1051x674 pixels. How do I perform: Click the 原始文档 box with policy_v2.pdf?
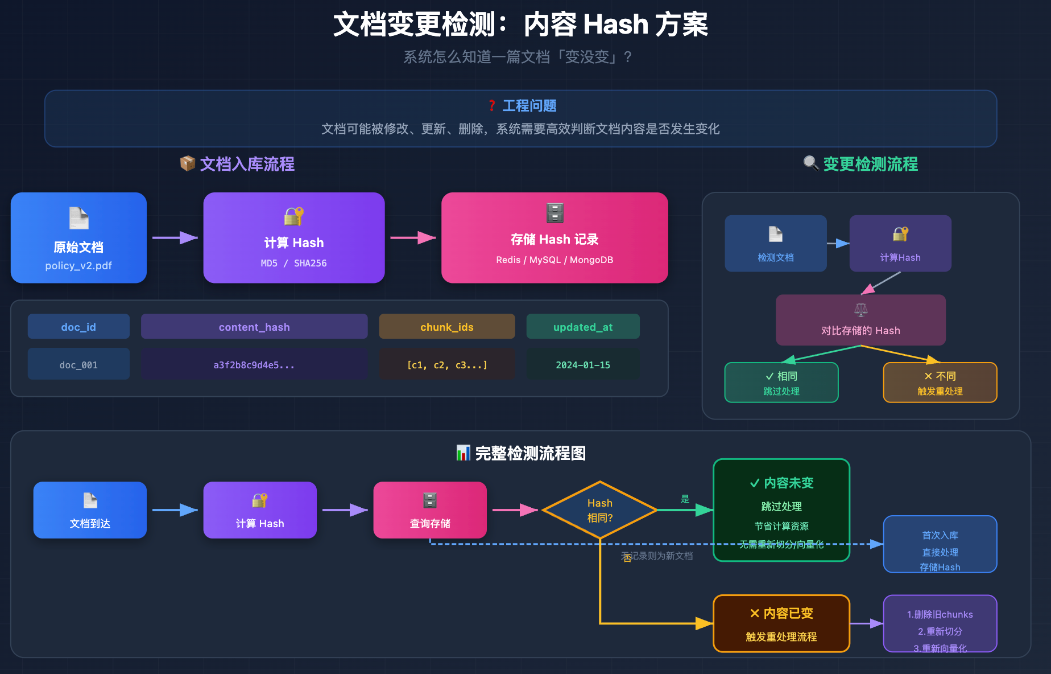[78, 238]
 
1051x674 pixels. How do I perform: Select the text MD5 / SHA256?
[293, 263]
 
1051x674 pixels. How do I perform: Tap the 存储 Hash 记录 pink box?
[555, 238]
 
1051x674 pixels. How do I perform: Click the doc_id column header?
[78, 327]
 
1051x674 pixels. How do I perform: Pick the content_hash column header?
[254, 327]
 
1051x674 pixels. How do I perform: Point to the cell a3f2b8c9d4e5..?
[254, 365]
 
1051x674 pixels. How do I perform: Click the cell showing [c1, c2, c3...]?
[447, 365]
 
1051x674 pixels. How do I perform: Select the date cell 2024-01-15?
[583, 365]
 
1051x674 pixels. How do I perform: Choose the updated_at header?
[583, 327]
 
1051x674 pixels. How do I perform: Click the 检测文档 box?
[775, 244]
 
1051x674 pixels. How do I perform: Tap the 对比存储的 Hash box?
[860, 320]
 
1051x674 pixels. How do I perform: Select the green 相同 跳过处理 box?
[781, 383]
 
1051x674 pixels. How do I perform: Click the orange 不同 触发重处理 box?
[940, 383]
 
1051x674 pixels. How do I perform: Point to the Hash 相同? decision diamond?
[600, 510]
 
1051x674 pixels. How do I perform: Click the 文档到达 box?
[90, 510]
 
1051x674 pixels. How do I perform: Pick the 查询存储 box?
[430, 510]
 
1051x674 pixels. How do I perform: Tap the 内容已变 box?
[781, 623]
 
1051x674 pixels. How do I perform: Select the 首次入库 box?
[940, 544]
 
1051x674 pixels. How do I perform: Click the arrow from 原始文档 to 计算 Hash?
[175, 237]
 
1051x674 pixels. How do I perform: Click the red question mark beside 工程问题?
[492, 106]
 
